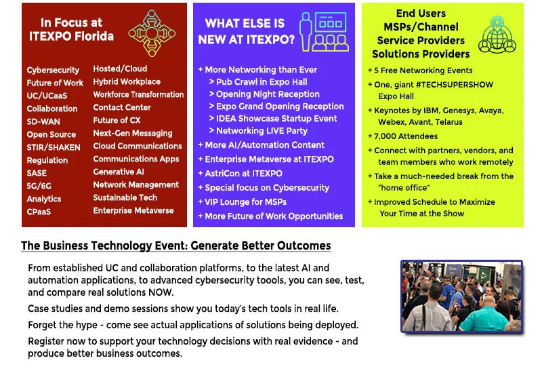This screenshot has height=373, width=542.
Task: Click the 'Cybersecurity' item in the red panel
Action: coord(53,70)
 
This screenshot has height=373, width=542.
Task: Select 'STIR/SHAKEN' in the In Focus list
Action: coord(54,147)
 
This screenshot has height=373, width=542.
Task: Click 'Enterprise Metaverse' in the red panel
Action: coord(133,210)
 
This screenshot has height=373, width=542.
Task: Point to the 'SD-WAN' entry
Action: coord(43,121)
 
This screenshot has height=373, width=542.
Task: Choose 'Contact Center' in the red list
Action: coord(122,107)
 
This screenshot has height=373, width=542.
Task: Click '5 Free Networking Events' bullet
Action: coord(424,71)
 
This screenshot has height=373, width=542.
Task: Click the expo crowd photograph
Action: coord(461,297)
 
